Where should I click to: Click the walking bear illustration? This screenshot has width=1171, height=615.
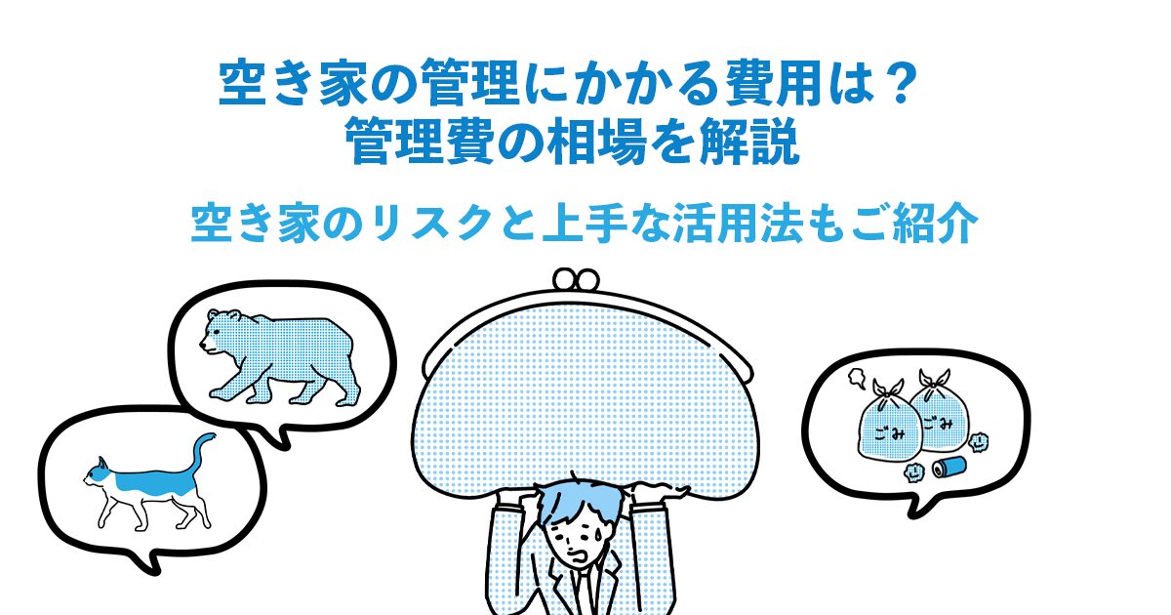pos(280,358)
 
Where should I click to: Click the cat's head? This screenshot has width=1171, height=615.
pos(98,473)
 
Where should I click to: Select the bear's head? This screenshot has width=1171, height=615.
pos(220,331)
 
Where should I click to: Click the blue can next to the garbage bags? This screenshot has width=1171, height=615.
pos(949,466)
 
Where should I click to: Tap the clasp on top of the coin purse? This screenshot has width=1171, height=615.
pos(576,279)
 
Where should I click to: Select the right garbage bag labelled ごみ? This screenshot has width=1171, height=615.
pos(939,412)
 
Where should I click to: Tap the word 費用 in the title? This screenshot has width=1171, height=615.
pos(773,83)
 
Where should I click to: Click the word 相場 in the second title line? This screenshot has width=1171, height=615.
pos(597,142)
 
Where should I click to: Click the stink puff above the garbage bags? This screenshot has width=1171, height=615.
pos(857,379)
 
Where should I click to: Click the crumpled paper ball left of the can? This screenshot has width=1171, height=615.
pos(913,472)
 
